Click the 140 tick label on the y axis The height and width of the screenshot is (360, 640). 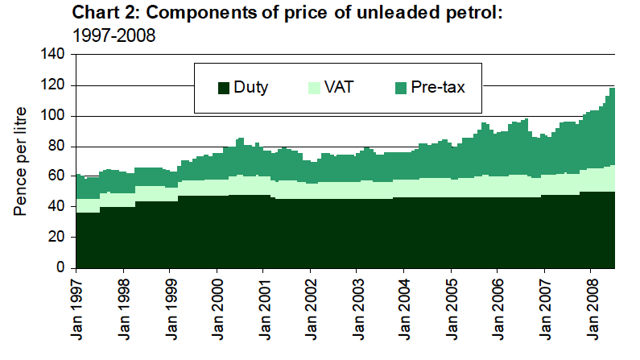pyautogui.click(x=52, y=55)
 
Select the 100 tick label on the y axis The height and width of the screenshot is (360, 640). pyautogui.click(x=52, y=116)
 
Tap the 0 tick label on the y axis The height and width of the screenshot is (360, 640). pyautogui.click(x=60, y=267)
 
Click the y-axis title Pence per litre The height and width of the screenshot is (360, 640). pyautogui.click(x=22, y=161)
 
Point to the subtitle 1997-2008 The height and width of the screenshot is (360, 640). pyautogui.click(x=113, y=35)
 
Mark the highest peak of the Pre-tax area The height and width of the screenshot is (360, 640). pyautogui.click(x=613, y=89)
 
